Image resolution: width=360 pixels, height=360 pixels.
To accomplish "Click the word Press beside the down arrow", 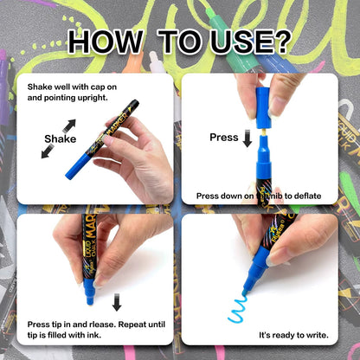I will (x=223, y=137).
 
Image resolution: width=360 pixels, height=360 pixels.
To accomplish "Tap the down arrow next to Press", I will (x=247, y=138).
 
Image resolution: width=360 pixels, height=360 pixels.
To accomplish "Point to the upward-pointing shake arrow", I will (x=68, y=125).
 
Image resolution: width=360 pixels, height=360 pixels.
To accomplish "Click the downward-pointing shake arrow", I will (x=47, y=152).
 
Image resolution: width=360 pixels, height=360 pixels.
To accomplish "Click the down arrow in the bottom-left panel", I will (x=117, y=303).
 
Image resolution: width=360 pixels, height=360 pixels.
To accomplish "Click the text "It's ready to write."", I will (x=293, y=333).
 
